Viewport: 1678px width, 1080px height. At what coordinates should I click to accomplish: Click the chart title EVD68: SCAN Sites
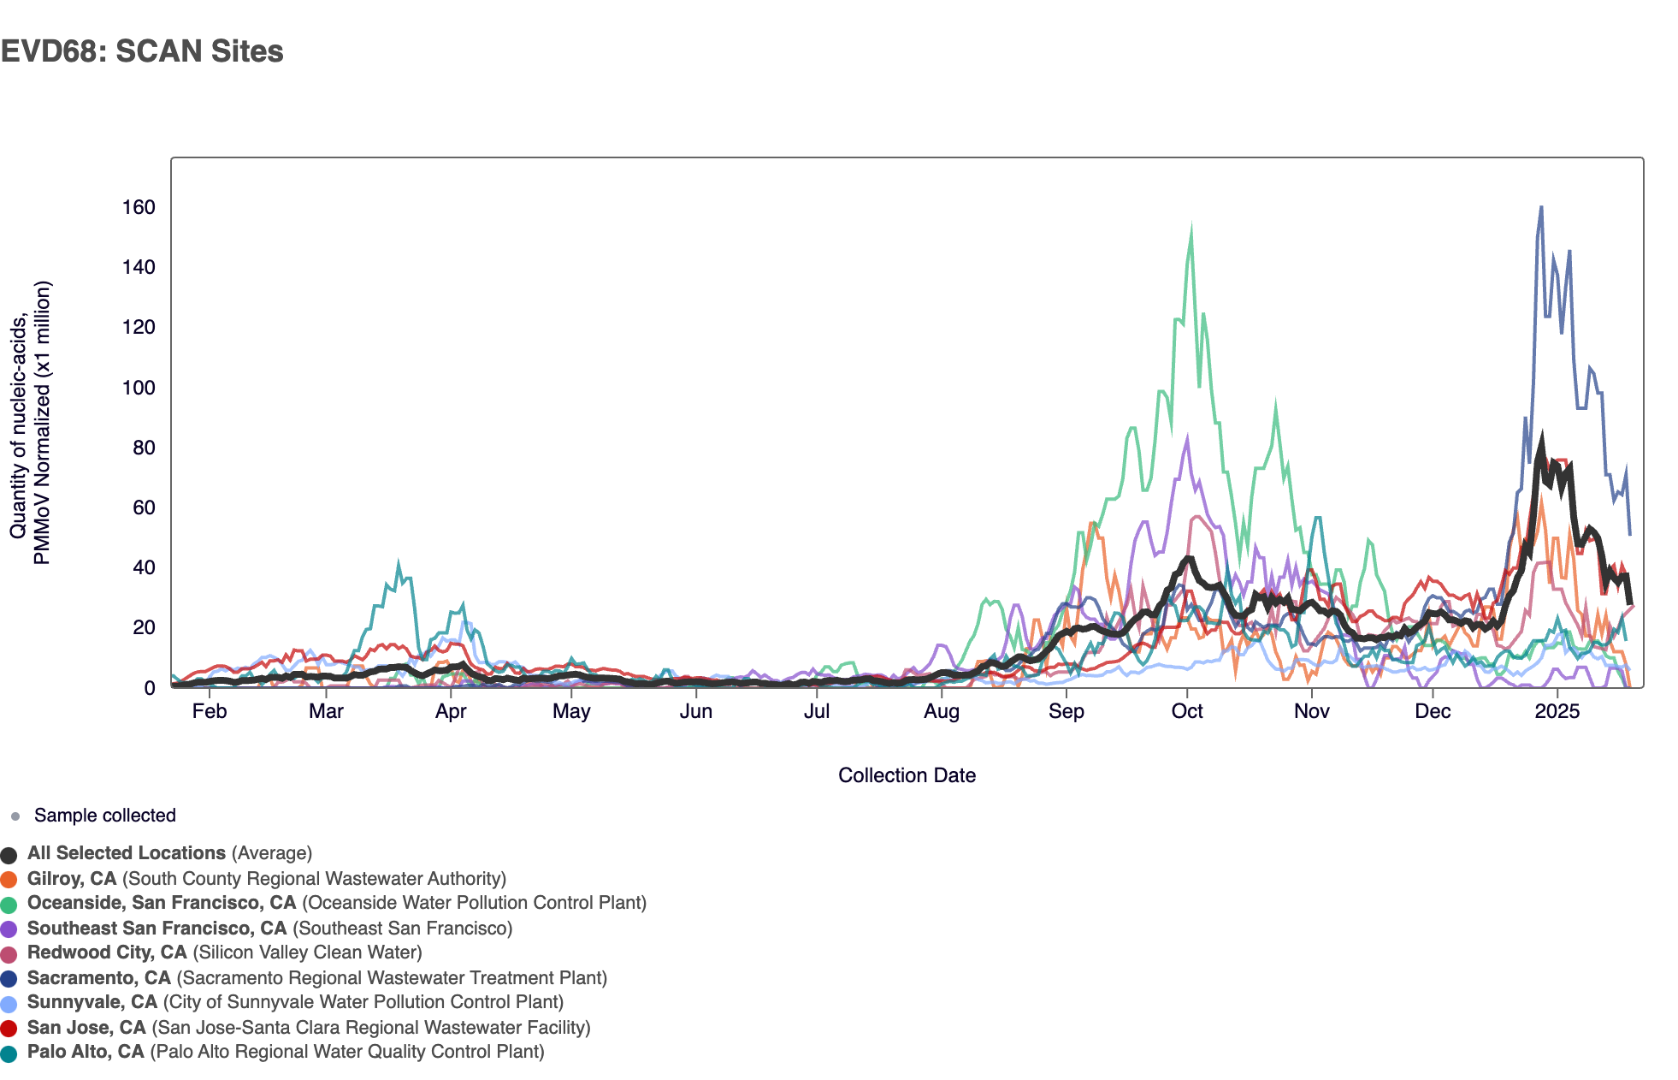coord(142,51)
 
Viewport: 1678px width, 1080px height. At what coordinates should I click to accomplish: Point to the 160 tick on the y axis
coord(139,208)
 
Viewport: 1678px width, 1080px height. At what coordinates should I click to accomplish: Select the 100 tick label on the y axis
coord(139,388)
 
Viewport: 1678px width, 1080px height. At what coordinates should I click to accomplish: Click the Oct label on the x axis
coord(1187,712)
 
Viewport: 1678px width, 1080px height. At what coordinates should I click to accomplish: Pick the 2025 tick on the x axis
coord(1557,712)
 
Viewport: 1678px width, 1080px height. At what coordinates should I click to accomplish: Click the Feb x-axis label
coord(210,712)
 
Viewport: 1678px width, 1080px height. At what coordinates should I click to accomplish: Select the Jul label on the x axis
coord(817,712)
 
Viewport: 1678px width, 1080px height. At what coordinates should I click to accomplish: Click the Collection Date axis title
coord(907,775)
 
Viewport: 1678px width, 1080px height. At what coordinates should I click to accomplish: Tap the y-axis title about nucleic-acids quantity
coord(31,423)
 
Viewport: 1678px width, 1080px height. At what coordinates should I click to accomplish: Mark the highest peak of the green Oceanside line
coord(1191,229)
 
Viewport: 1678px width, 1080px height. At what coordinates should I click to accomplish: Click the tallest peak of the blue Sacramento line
coord(1541,207)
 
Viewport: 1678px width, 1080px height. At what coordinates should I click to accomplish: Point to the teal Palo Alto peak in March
coord(398,564)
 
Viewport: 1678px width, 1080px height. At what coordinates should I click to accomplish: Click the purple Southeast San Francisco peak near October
coord(1187,438)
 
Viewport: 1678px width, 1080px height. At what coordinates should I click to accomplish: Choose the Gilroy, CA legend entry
coord(266,879)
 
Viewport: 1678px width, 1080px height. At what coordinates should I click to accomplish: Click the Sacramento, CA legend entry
coord(316,978)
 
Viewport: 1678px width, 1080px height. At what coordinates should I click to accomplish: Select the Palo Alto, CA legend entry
coord(286,1052)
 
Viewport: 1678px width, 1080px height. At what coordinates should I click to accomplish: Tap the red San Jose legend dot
coord(9,1029)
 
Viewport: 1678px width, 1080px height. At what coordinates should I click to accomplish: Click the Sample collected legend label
coord(104,816)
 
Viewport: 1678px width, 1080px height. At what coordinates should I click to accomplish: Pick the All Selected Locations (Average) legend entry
coord(169,853)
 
